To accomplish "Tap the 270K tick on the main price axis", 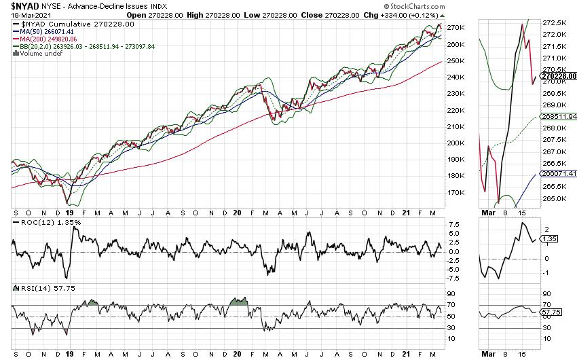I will [455, 28].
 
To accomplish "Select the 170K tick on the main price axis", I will [455, 193].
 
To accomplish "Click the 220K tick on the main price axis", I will [455, 110].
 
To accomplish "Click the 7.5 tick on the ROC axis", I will [454, 224].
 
